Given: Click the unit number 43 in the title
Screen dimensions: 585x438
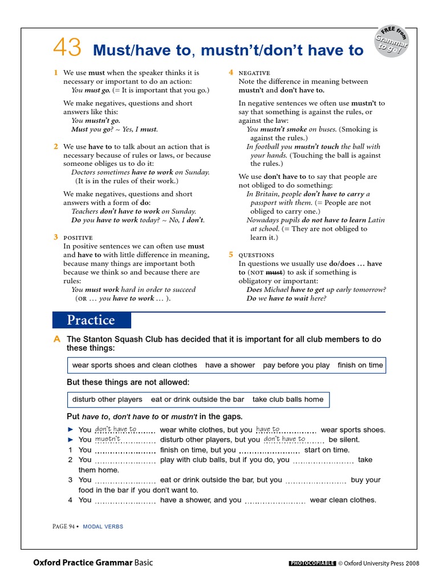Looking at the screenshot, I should [x=68, y=48].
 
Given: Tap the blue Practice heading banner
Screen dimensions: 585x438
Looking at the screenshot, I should [x=91, y=320].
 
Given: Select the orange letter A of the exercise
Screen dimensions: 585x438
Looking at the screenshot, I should [x=56, y=339].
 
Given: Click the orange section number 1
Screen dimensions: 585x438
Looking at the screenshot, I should [x=56, y=73].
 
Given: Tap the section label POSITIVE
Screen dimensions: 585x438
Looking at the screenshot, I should [x=78, y=237].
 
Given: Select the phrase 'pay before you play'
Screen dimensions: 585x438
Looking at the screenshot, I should [x=296, y=365].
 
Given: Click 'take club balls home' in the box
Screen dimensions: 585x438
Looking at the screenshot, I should [x=287, y=399].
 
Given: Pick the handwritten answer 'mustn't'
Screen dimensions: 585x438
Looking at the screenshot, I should [x=108, y=439].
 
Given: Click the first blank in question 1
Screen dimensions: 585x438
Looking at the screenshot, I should [x=125, y=450].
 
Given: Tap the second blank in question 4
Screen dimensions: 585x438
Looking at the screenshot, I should [x=275, y=500].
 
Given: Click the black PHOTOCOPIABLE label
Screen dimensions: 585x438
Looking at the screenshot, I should [x=312, y=563].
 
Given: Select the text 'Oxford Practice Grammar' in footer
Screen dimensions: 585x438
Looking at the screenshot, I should [x=83, y=563].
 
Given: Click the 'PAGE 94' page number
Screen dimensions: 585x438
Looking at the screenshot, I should [x=63, y=527].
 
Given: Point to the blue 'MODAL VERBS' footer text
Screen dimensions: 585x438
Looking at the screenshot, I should [x=103, y=527].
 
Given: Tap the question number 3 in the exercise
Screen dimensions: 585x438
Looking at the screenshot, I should [x=70, y=480].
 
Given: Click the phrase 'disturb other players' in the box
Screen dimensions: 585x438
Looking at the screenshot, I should [x=107, y=399].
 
